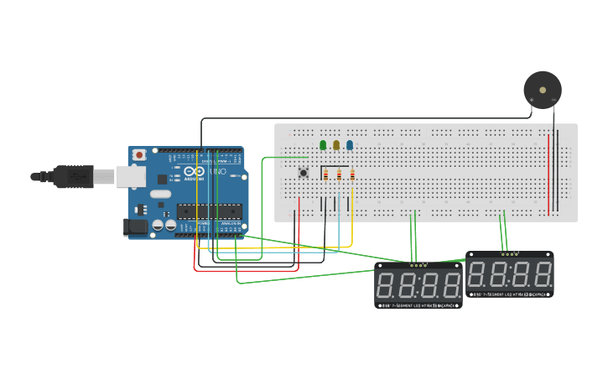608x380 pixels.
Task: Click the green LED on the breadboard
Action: (x=323, y=145)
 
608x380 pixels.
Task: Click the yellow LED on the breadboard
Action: (x=336, y=145)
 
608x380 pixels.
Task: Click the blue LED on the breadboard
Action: (x=350, y=145)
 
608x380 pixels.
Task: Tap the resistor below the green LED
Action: (x=325, y=175)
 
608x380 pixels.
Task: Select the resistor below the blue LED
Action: (x=352, y=175)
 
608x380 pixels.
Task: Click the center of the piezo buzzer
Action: (x=542, y=90)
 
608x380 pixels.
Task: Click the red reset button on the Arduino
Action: (x=139, y=155)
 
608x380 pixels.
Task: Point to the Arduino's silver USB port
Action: (x=129, y=176)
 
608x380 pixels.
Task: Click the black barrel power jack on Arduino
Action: (x=134, y=226)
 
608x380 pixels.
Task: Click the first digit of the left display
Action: (x=388, y=284)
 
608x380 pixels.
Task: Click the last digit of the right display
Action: (x=542, y=273)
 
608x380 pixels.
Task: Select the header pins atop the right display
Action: (x=508, y=253)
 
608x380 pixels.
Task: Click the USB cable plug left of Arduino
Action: (x=71, y=177)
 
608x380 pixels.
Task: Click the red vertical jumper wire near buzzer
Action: (x=548, y=172)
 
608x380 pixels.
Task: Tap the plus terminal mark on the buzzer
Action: (x=531, y=100)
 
